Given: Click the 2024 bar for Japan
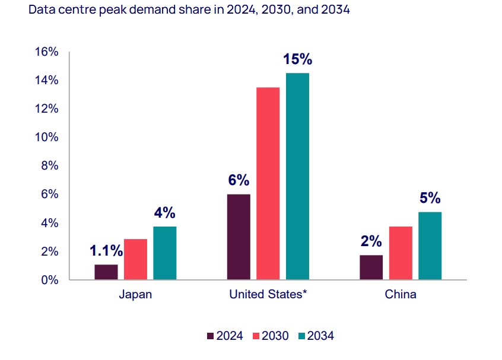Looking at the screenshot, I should [106, 272].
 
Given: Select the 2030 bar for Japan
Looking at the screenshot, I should [135, 259].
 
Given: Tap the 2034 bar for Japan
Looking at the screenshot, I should [164, 253].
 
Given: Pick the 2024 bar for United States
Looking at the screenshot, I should [239, 237].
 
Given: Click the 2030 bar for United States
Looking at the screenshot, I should [268, 183].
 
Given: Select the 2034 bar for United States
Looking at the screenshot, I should [297, 176].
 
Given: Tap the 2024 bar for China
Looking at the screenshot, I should [371, 267].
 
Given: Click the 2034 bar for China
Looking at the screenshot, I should [430, 246].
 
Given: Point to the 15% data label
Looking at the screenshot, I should [297, 60].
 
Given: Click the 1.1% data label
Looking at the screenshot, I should [106, 251].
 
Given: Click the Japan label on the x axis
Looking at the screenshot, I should [135, 295].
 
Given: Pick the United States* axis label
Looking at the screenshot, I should [268, 295].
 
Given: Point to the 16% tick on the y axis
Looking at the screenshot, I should [47, 52].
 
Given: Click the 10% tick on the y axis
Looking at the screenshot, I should [47, 138].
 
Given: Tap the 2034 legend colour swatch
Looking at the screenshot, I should [301, 336].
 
